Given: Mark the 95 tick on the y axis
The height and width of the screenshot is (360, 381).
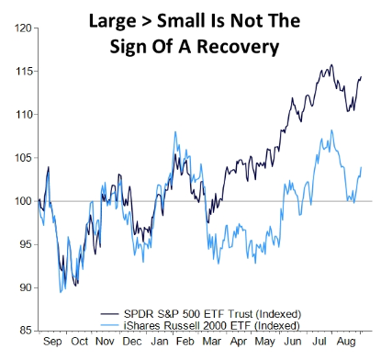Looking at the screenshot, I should [x=25, y=244].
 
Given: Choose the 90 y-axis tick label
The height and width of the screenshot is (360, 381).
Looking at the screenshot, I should [x=25, y=287].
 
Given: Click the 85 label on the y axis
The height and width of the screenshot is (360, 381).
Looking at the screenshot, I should [x=25, y=331].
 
